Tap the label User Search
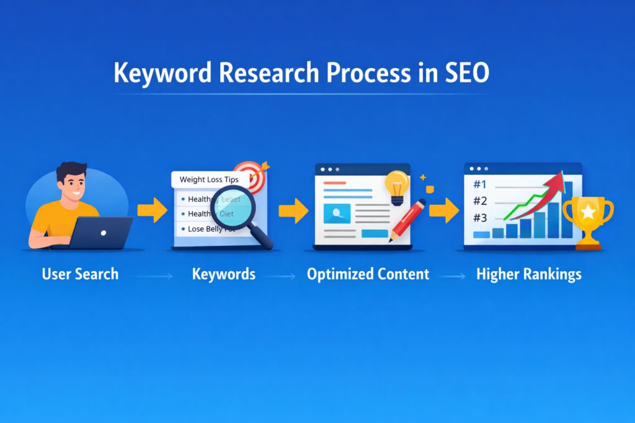(80, 274)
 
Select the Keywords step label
(224, 274)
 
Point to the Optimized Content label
(368, 274)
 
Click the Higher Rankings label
(529, 274)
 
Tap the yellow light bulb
(397, 185)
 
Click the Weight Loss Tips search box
(209, 180)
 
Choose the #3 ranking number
(479, 218)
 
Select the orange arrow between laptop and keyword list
(152, 211)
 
